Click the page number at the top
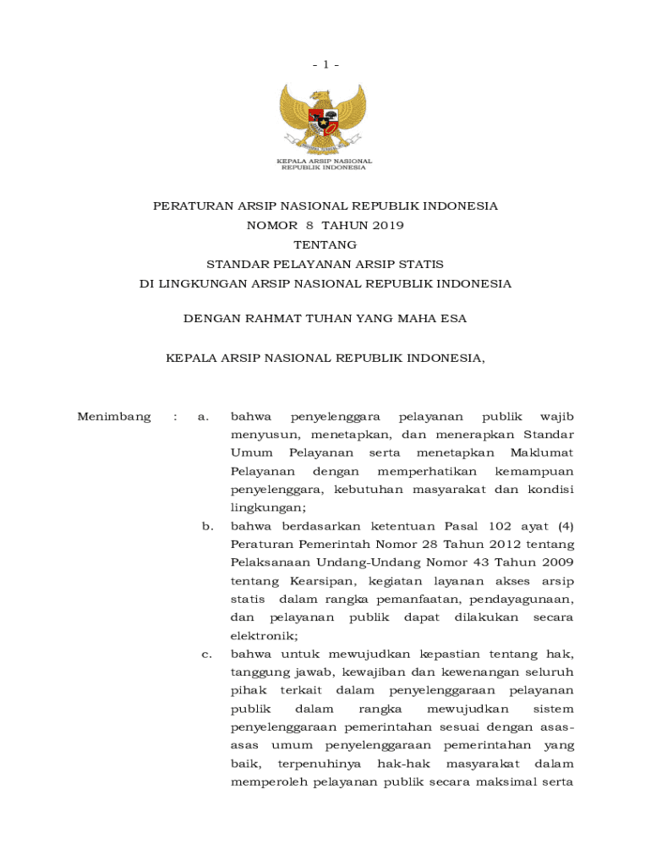pyautogui.click(x=325, y=64)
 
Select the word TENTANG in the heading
pyautogui.click(x=325, y=244)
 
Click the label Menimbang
pyautogui.click(x=114, y=416)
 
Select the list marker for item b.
pyautogui.click(x=206, y=526)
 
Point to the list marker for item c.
pyautogui.click(x=206, y=654)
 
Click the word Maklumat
pyautogui.click(x=542, y=452)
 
